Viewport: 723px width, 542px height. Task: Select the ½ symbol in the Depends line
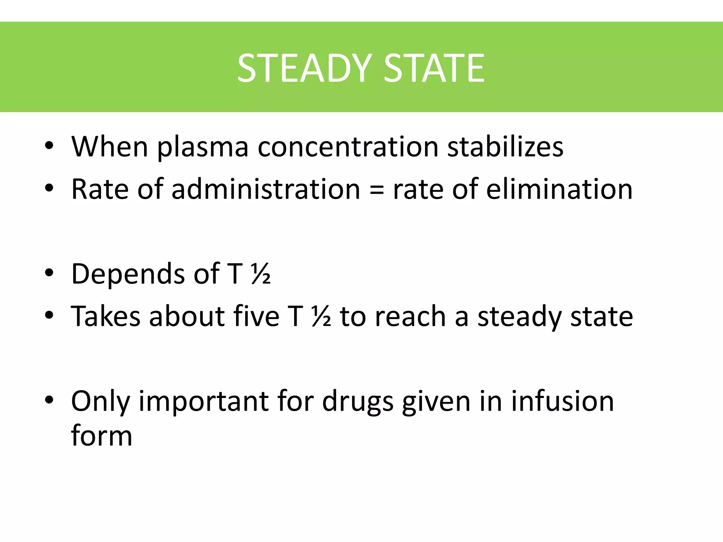coord(261,274)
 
